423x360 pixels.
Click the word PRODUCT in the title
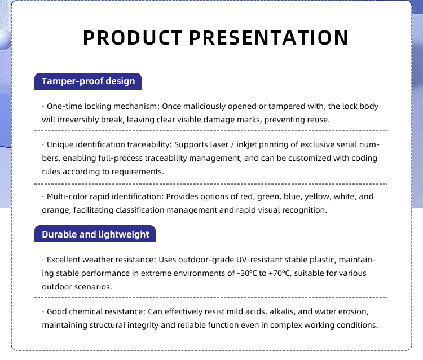click(x=133, y=37)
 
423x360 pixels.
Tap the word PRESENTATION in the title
click(x=269, y=37)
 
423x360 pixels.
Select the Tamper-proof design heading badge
click(x=88, y=81)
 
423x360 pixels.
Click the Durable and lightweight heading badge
click(x=95, y=234)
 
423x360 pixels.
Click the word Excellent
click(x=63, y=260)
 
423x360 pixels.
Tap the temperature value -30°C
click(x=247, y=273)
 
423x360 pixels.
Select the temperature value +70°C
click(x=279, y=273)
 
